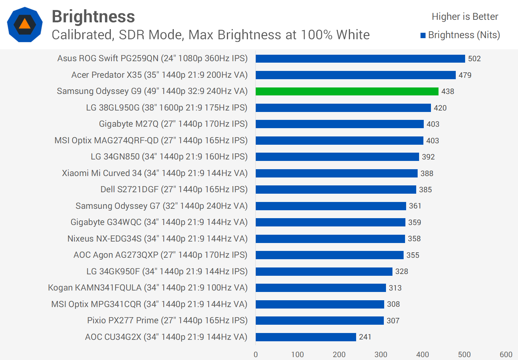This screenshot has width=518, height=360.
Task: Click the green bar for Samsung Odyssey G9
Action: click(x=347, y=91)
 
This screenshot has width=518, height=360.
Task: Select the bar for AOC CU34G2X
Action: click(x=306, y=337)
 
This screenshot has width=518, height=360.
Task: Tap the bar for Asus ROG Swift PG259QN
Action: click(x=360, y=59)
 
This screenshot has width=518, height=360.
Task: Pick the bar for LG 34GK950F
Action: click(x=324, y=271)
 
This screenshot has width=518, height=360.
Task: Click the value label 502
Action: click(x=474, y=59)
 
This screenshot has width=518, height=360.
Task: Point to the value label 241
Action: click(x=365, y=337)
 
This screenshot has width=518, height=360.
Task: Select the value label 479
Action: click(x=465, y=75)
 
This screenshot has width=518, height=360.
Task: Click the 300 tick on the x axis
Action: click(x=381, y=355)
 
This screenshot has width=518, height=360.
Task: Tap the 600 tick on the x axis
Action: click(x=506, y=355)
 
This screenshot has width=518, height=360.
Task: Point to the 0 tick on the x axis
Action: click(x=256, y=355)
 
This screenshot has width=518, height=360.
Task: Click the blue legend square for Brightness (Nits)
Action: click(x=423, y=35)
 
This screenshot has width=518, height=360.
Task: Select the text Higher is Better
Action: click(x=465, y=17)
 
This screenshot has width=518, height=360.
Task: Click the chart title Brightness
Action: click(x=93, y=17)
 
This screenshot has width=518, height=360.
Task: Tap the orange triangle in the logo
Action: click(x=24, y=24)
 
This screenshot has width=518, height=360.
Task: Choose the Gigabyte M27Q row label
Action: click(x=173, y=124)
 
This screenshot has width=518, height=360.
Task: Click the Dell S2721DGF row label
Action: click(x=174, y=189)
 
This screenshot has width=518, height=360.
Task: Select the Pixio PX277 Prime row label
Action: click(x=167, y=320)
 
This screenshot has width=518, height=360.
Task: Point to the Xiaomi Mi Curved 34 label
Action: click(x=155, y=173)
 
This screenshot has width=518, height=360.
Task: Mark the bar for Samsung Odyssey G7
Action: click(x=331, y=206)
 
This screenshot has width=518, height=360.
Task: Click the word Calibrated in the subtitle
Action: click(x=82, y=35)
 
